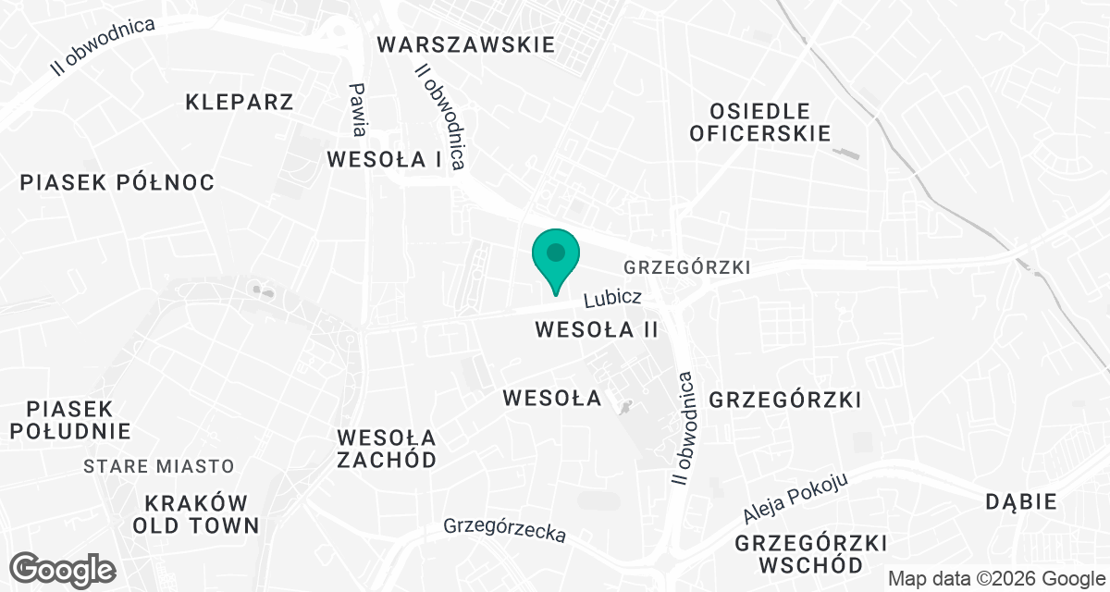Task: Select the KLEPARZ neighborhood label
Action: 239,102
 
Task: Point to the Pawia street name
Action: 359,108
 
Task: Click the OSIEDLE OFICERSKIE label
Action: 759,122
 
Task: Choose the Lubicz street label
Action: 612,299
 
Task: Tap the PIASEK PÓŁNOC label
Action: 117,182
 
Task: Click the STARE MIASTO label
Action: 159,466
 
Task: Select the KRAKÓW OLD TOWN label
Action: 196,514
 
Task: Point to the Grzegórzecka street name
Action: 504,530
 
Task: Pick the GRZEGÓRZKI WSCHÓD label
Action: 811,553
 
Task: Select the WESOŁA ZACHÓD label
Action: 387,448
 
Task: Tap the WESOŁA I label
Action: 384,159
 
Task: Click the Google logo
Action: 63,569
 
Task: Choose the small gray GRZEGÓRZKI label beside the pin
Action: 686,267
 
